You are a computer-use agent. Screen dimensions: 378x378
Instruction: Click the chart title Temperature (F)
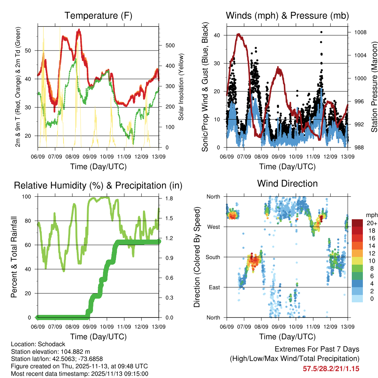coord(98,16)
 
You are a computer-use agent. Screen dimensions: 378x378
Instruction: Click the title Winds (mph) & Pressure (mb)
coord(287,16)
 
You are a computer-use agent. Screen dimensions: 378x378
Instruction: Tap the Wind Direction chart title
coord(287,183)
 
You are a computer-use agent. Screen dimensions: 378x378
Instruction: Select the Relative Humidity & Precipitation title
coord(98,185)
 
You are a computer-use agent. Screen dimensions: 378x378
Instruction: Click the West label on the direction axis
coord(213,227)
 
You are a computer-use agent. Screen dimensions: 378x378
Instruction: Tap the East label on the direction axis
coord(214,287)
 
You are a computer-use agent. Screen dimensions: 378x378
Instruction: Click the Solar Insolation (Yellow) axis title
coord(181,87)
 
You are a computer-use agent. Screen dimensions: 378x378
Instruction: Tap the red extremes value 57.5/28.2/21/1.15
coord(331,368)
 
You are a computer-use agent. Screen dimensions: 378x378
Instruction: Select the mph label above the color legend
coord(370,215)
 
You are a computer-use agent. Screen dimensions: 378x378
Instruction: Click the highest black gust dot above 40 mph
coord(322,32)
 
